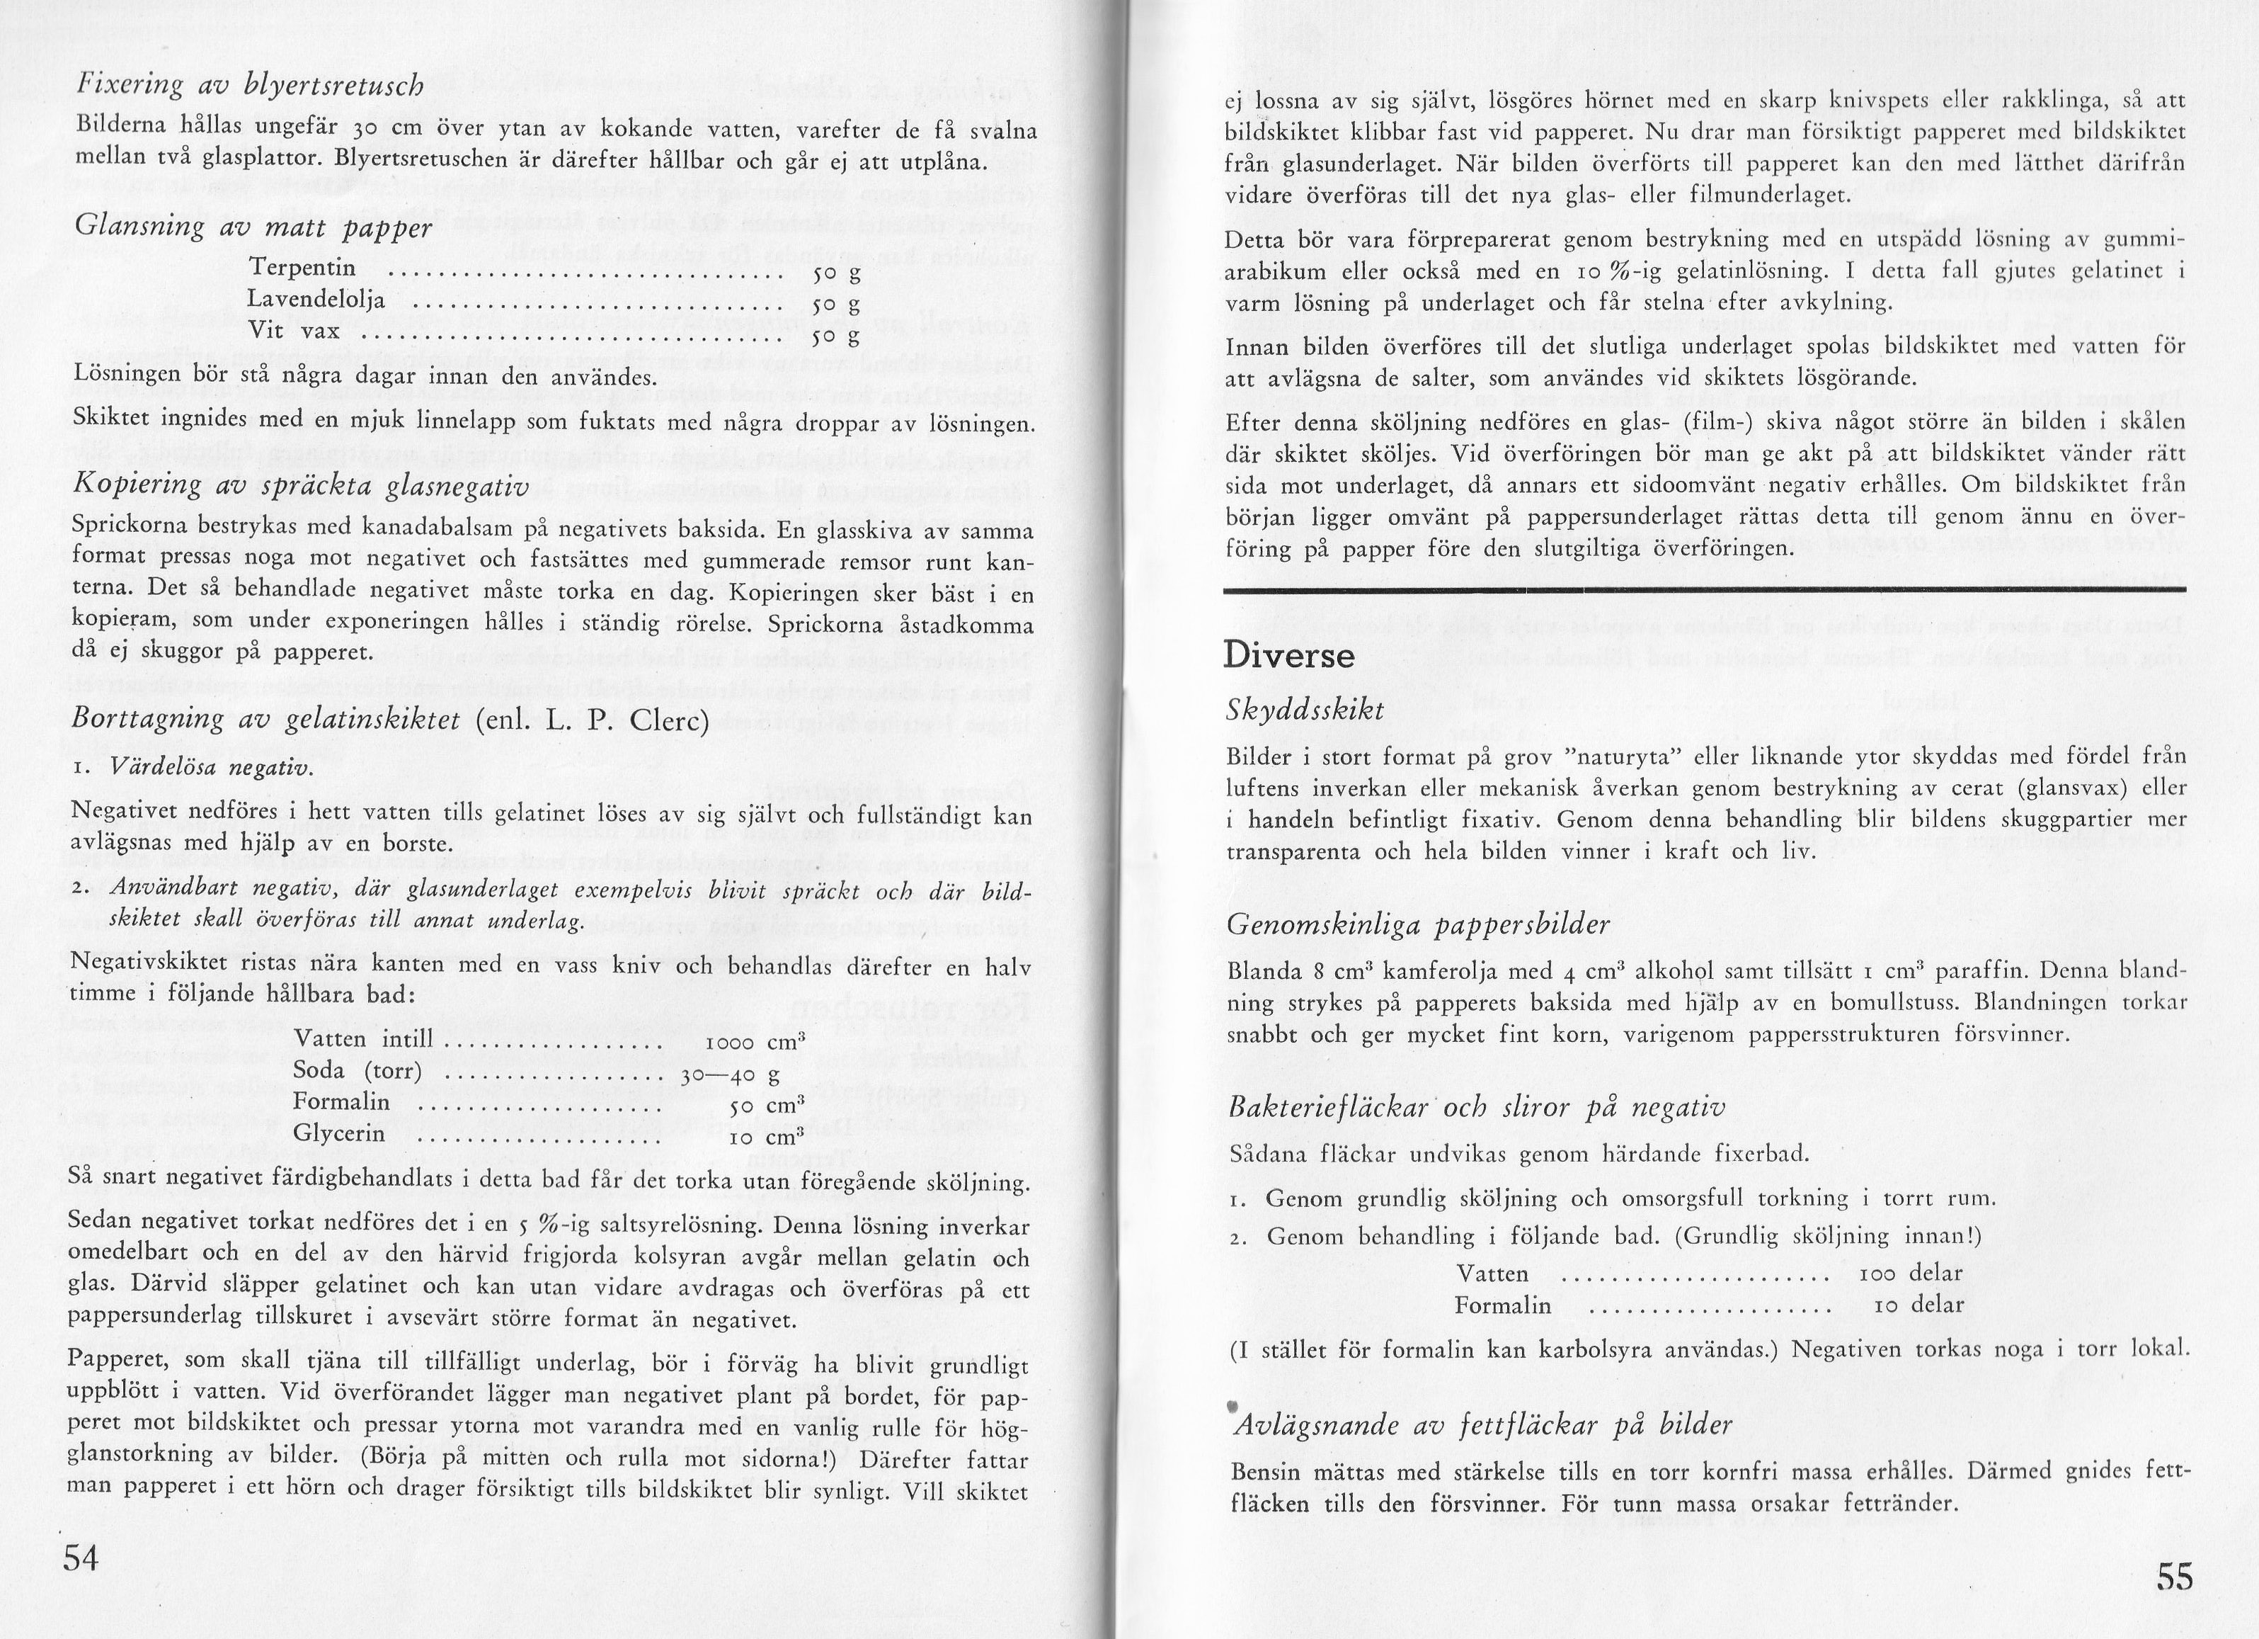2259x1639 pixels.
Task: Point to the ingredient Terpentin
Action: tap(303, 268)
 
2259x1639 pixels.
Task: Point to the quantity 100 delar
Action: tap(1911, 1274)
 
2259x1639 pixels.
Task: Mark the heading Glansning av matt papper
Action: tap(253, 226)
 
